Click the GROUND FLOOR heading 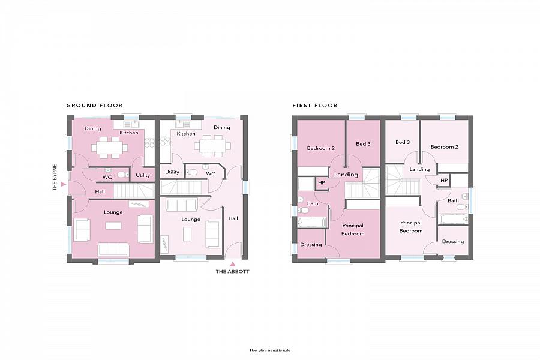click(94, 106)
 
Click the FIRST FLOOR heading click(314, 106)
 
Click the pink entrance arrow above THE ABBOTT click(232, 263)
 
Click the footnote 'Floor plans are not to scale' click(269, 350)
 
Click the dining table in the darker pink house click(109, 146)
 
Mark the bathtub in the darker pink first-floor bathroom click(312, 223)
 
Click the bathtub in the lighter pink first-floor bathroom click(453, 218)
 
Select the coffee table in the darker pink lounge click(113, 226)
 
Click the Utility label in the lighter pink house click(172, 172)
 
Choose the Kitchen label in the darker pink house click(129, 133)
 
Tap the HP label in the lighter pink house click(444, 180)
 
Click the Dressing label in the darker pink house click(311, 244)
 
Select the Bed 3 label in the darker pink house click(363, 144)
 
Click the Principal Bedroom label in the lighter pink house click(411, 227)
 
